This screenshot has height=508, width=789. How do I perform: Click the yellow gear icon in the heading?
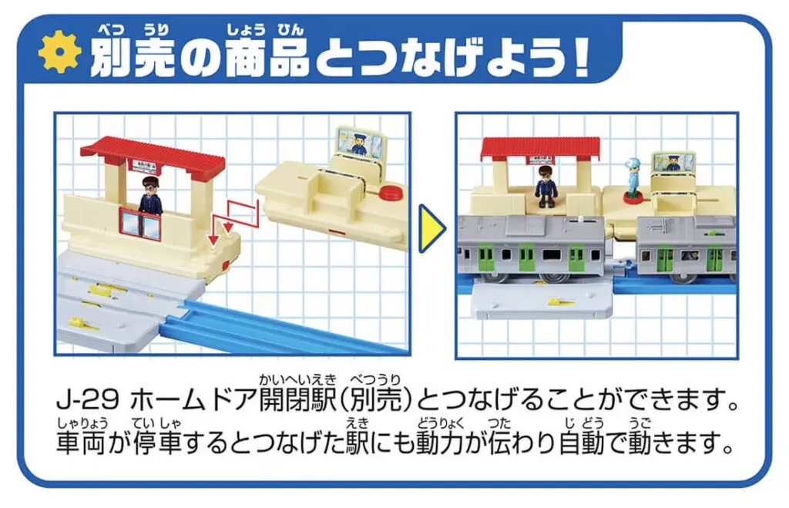tap(60, 52)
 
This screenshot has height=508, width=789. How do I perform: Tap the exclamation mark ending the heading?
tap(581, 59)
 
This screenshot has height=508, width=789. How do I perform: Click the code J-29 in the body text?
tap(88, 401)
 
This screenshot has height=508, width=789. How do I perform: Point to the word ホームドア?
tap(193, 401)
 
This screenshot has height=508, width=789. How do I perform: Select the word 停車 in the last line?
tap(156, 443)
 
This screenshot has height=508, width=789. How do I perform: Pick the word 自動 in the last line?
tap(584, 443)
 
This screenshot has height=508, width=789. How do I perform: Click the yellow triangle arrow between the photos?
tap(432, 228)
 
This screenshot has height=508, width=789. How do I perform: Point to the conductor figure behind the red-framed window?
tap(149, 194)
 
